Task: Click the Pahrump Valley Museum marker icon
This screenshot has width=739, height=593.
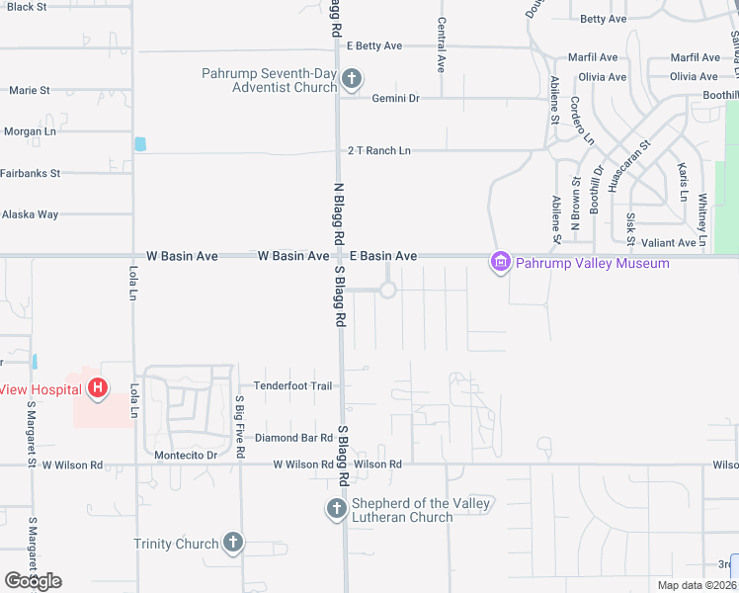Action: pos(501,262)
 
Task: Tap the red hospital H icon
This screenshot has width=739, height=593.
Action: pos(97,388)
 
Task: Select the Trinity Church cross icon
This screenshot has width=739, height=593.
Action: pos(232,543)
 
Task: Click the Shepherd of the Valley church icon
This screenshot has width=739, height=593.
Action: pos(336,510)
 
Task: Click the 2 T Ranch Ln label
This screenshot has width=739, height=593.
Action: pos(378,150)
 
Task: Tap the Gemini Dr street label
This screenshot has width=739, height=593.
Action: pos(396,98)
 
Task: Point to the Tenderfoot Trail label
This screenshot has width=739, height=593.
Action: pos(293,385)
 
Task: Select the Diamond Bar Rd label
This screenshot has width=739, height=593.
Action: pos(293,437)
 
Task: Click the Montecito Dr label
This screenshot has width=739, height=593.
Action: pos(186,455)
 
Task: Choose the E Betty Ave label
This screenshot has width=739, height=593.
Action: pos(374,45)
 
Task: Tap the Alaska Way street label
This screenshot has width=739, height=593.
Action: pos(31,213)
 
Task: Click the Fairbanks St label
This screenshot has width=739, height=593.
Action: pos(32,173)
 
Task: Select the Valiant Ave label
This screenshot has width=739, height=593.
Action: pos(668,242)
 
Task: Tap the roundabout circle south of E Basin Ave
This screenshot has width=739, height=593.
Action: pos(387,290)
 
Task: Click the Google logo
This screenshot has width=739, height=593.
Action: pos(33,580)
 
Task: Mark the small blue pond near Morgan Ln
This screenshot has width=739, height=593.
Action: pos(139,144)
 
